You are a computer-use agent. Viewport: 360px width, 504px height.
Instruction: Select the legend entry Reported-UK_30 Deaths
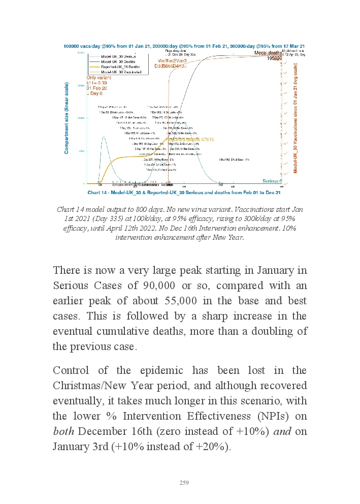[121, 67]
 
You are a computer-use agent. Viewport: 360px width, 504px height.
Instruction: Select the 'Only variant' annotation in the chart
[97, 78]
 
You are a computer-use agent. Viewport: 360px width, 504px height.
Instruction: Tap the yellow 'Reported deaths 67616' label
[190, 139]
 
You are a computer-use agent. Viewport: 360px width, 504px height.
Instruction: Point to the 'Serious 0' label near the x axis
[272, 181]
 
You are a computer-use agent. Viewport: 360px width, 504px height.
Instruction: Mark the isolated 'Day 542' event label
[234, 160]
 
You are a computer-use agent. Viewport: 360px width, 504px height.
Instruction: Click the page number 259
[184, 483]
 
